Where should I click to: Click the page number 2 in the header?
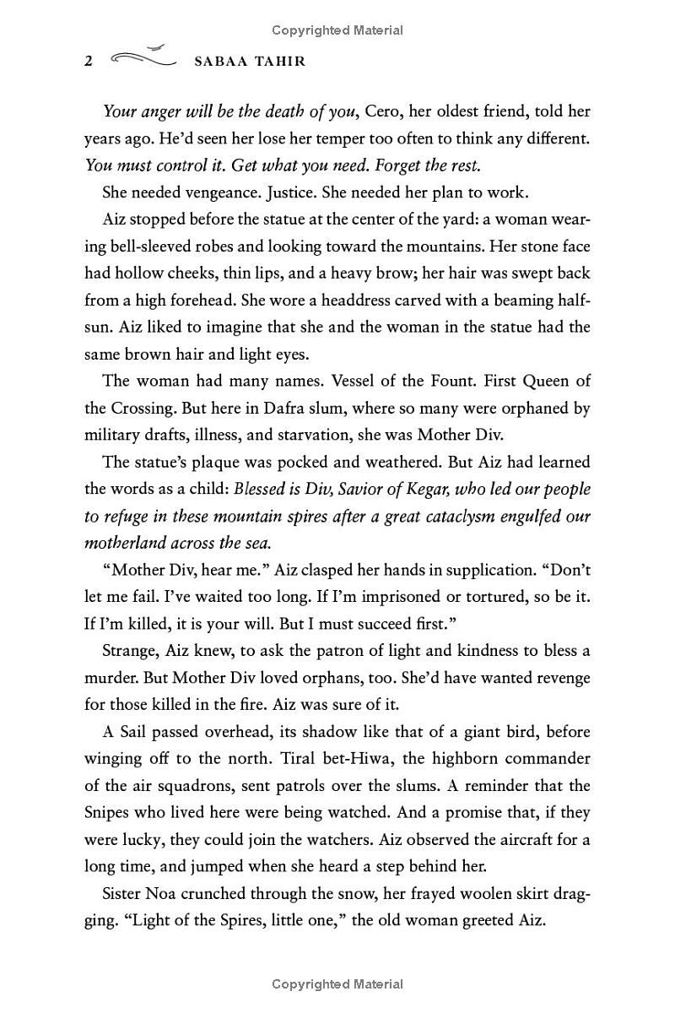pos(89,62)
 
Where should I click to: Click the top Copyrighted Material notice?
pos(337,30)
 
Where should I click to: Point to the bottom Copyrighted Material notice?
pos(337,984)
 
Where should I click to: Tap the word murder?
pos(110,678)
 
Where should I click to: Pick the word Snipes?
pos(108,813)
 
